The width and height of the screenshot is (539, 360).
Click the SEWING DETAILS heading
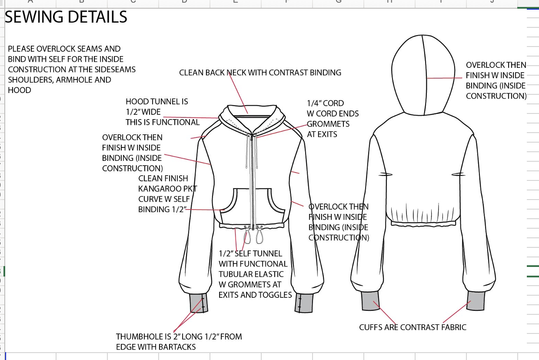66,17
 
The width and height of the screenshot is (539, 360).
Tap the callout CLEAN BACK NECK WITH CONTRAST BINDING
260,73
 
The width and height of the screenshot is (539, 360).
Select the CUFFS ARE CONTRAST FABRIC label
413,327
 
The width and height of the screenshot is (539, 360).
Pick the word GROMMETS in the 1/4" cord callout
328,124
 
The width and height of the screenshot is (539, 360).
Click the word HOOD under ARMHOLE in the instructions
20,90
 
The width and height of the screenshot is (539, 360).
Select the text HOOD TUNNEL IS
157,101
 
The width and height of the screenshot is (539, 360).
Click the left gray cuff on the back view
371,300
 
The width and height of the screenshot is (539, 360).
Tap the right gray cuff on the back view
476,300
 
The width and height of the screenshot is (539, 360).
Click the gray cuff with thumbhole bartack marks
199,303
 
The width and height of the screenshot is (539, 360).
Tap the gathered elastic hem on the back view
423,216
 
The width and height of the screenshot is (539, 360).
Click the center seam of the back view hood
425,74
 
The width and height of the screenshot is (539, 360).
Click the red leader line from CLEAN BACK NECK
237,92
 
